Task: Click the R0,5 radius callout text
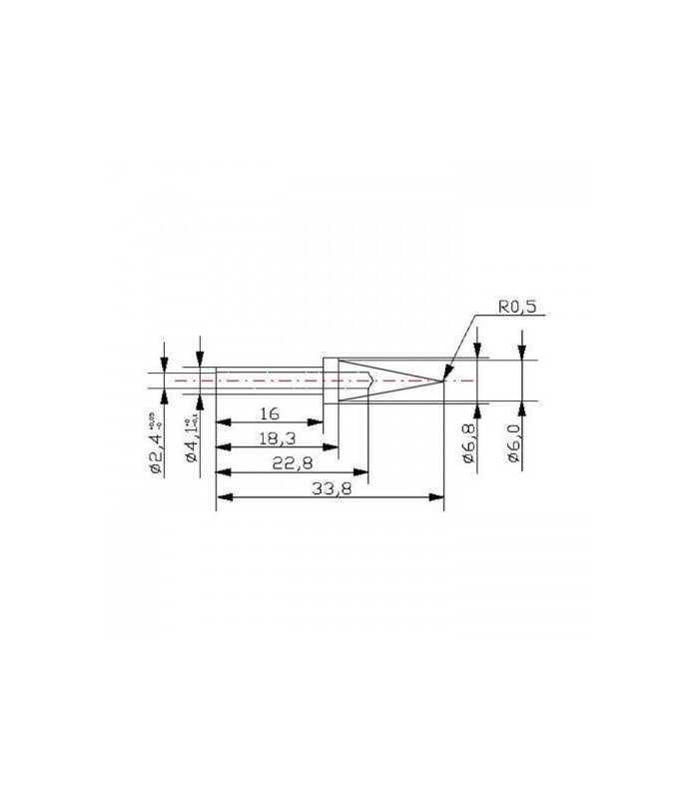pos(517,308)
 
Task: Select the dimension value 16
pos(269,412)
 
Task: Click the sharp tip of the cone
pos(443,381)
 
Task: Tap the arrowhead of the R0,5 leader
pos(446,375)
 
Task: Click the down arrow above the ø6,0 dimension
pos(521,353)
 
